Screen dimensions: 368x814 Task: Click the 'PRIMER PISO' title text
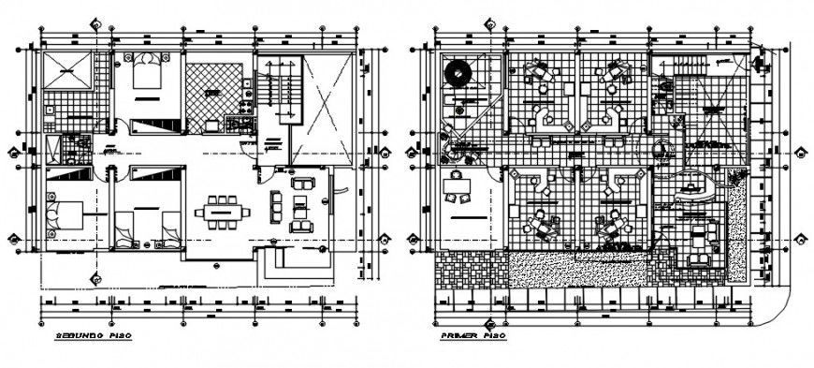point(474,334)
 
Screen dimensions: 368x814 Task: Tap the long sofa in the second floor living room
point(276,207)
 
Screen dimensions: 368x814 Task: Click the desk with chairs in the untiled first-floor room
point(458,190)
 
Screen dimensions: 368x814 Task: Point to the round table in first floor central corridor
point(661,151)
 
